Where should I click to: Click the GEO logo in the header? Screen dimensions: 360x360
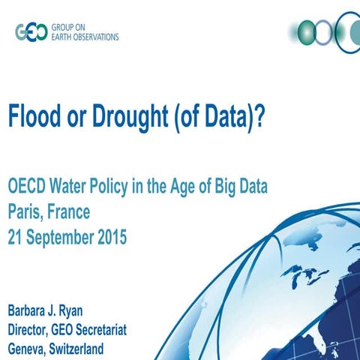click(x=31, y=32)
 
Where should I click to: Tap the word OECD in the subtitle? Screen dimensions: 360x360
click(x=26, y=186)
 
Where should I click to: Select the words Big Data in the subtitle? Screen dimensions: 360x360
click(x=241, y=186)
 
